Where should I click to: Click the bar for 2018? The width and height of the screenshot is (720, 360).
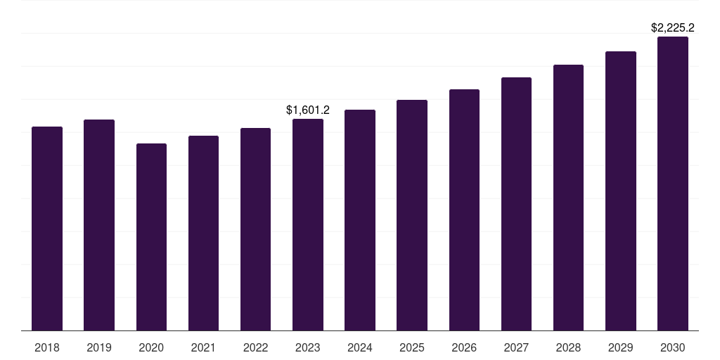[x=47, y=229]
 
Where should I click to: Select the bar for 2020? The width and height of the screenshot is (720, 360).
[x=151, y=237]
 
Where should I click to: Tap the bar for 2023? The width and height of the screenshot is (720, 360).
[x=308, y=225]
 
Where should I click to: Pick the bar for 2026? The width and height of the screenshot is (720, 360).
[x=464, y=210]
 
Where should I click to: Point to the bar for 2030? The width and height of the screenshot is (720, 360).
[x=673, y=184]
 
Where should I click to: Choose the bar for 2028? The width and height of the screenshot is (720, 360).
[x=568, y=198]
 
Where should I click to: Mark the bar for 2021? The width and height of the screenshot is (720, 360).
[x=203, y=233]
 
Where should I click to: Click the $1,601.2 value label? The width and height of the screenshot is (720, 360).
[x=308, y=110]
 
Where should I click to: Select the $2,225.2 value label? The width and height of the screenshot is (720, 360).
[x=673, y=28]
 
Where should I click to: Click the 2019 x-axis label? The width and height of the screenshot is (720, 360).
[x=99, y=347]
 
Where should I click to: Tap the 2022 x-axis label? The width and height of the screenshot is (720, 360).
[x=255, y=347]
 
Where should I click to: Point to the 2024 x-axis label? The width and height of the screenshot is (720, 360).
[x=360, y=347]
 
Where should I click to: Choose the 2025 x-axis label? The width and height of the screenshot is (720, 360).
[x=412, y=347]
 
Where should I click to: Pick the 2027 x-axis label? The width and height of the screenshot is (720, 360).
[x=516, y=347]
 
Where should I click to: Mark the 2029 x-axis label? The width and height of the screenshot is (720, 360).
[x=620, y=347]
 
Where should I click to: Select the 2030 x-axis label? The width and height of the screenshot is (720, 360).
[x=673, y=347]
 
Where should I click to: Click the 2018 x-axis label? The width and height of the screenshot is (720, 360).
[x=47, y=347]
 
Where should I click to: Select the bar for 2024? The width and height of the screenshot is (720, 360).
[x=360, y=220]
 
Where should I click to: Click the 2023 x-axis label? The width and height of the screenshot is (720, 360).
[x=308, y=347]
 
